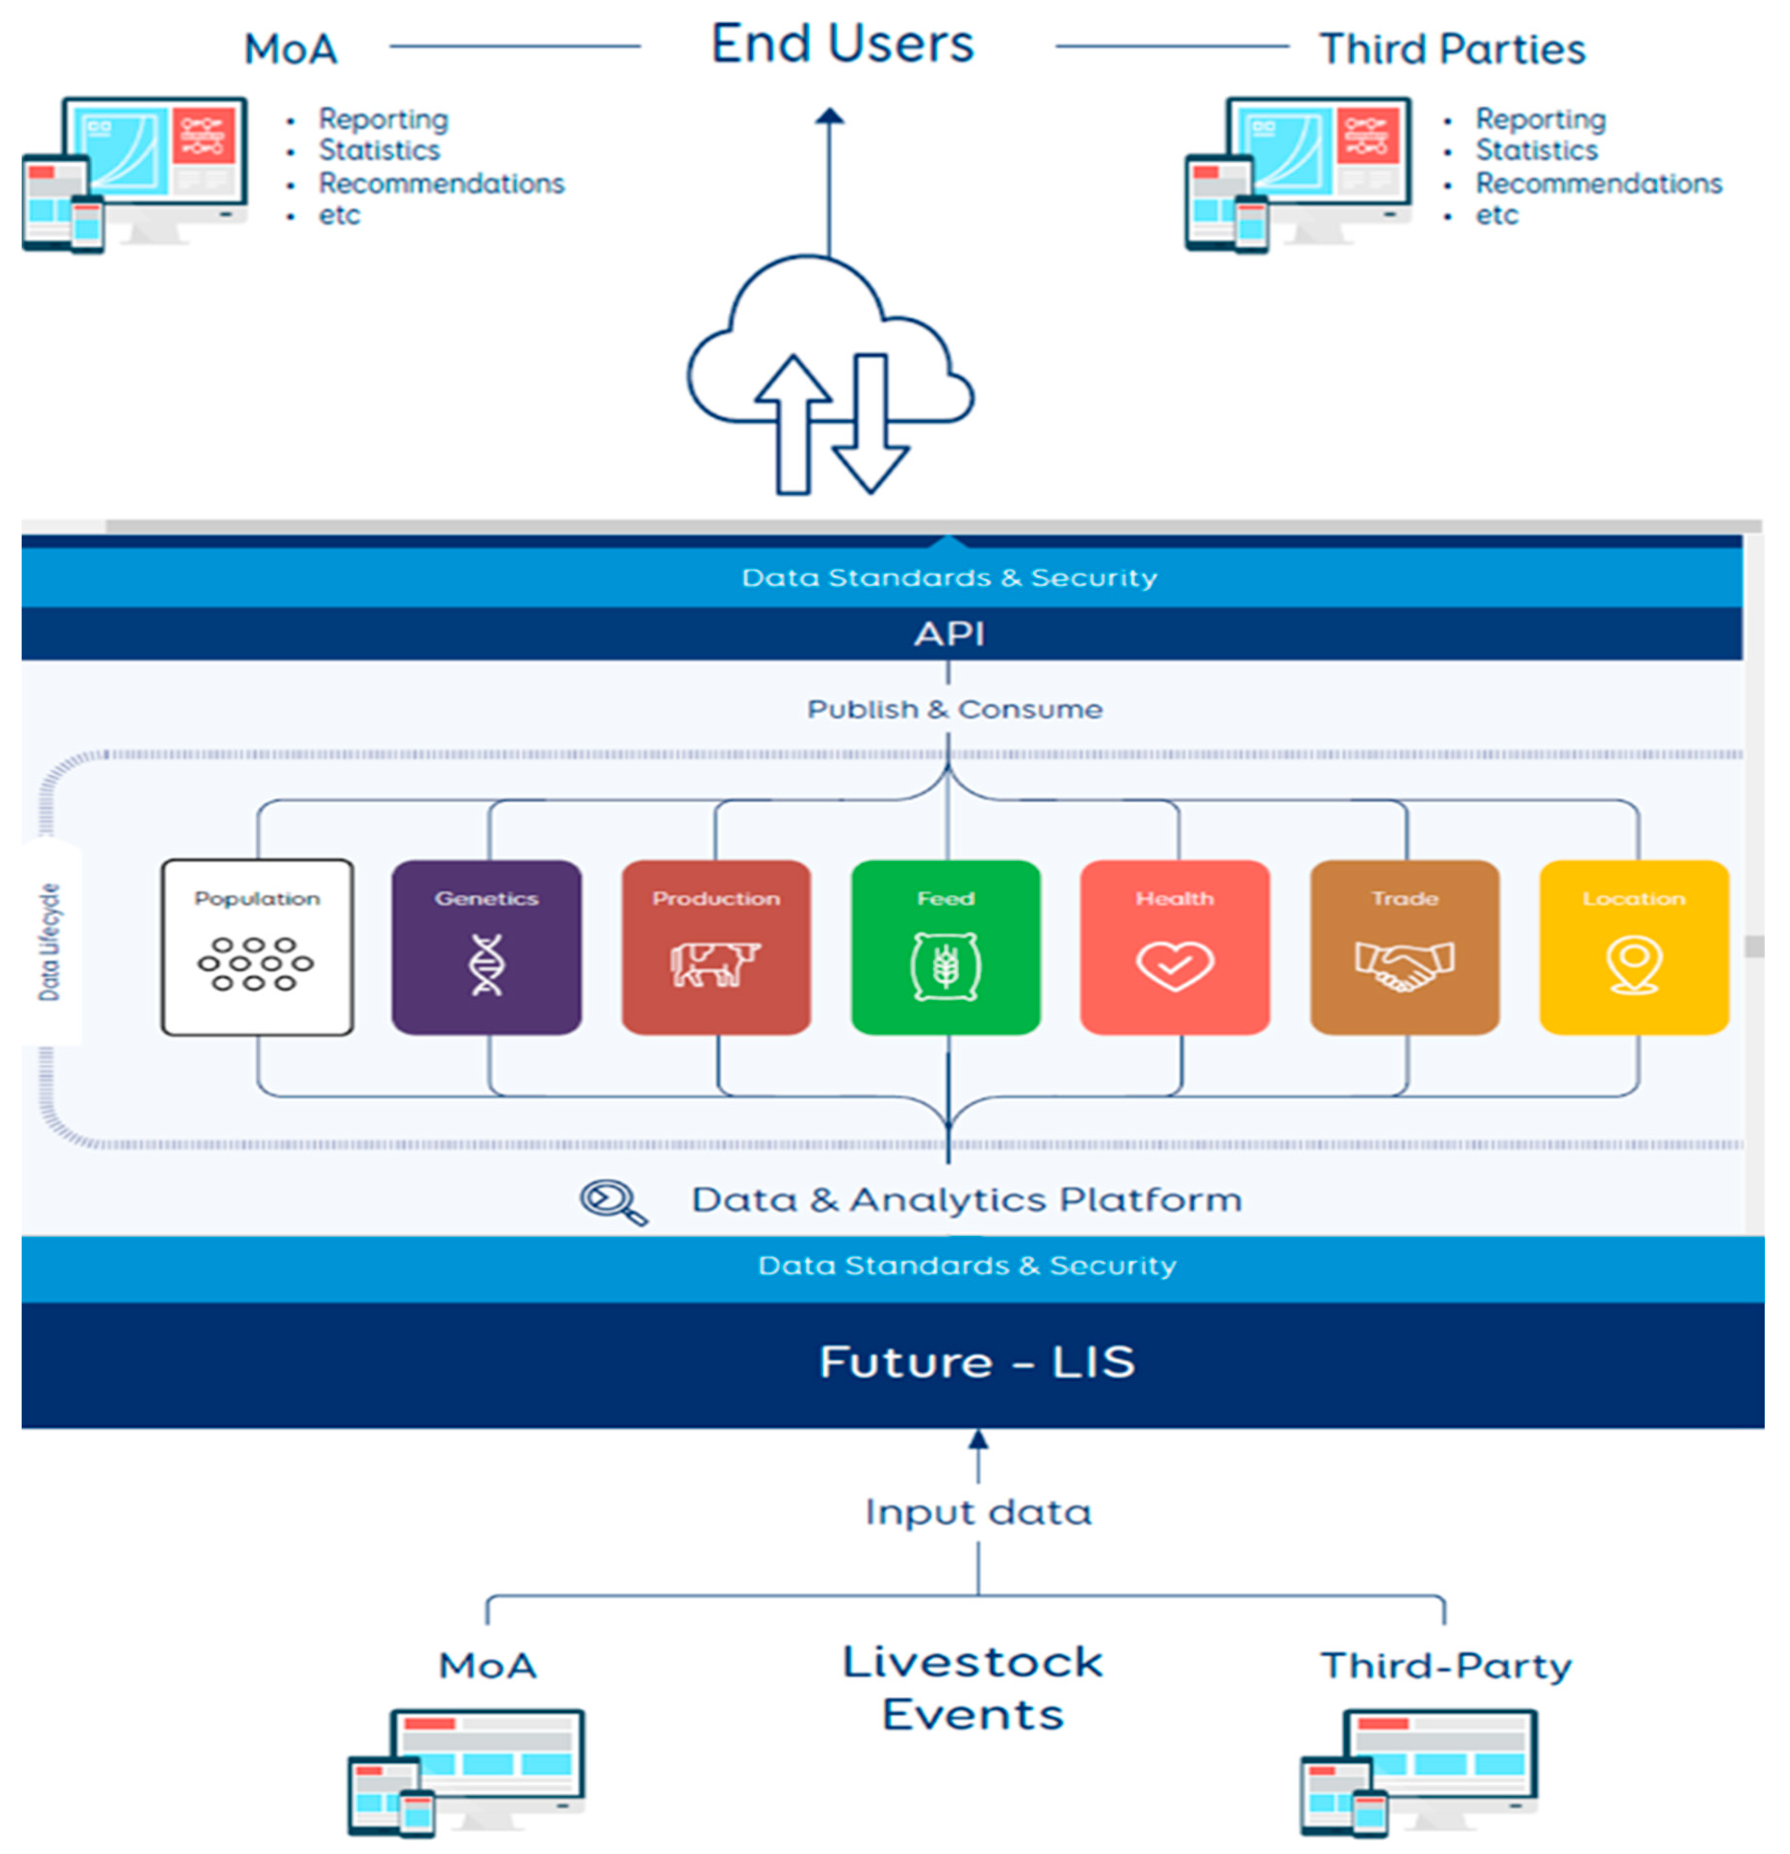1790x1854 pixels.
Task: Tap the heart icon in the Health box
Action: (1174, 965)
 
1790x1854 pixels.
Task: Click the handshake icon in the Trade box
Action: (1404, 965)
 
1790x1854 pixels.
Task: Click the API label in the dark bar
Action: (949, 634)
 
